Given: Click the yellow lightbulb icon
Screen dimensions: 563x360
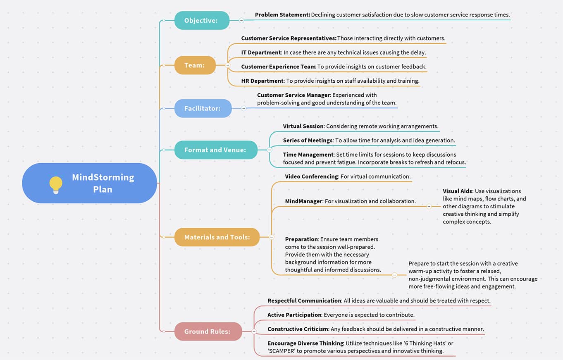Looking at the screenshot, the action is click(x=56, y=185).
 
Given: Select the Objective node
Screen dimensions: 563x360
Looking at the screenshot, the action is click(x=202, y=20).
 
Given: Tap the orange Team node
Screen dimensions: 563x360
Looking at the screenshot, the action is click(x=195, y=65).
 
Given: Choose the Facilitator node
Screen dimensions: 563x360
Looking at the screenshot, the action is click(x=203, y=108).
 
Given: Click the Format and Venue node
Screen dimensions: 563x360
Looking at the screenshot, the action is click(x=216, y=150).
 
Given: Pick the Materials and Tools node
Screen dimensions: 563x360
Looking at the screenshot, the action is click(x=217, y=237).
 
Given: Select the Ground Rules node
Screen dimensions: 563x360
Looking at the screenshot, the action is click(x=208, y=331).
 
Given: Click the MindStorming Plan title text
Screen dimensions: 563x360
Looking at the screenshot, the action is click(x=103, y=183).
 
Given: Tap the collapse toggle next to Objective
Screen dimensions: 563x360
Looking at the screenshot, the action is click(x=241, y=20).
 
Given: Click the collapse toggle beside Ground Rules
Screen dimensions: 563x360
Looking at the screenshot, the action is click(x=254, y=331).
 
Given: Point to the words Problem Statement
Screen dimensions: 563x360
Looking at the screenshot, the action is click(x=282, y=14).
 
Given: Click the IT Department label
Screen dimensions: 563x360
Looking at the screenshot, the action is click(x=261, y=52).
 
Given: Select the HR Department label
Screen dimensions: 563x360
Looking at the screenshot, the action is click(x=262, y=81).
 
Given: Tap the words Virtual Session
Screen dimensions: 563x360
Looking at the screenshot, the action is click(x=303, y=126).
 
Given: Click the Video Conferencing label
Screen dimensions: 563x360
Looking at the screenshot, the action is click(x=311, y=176).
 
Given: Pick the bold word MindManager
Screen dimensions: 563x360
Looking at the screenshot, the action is click(x=304, y=201).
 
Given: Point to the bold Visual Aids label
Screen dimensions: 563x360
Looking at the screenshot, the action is click(x=458, y=191).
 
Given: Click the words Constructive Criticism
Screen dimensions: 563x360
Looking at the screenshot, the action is click(x=298, y=329).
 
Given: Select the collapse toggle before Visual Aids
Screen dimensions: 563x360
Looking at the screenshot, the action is click(x=429, y=206).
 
